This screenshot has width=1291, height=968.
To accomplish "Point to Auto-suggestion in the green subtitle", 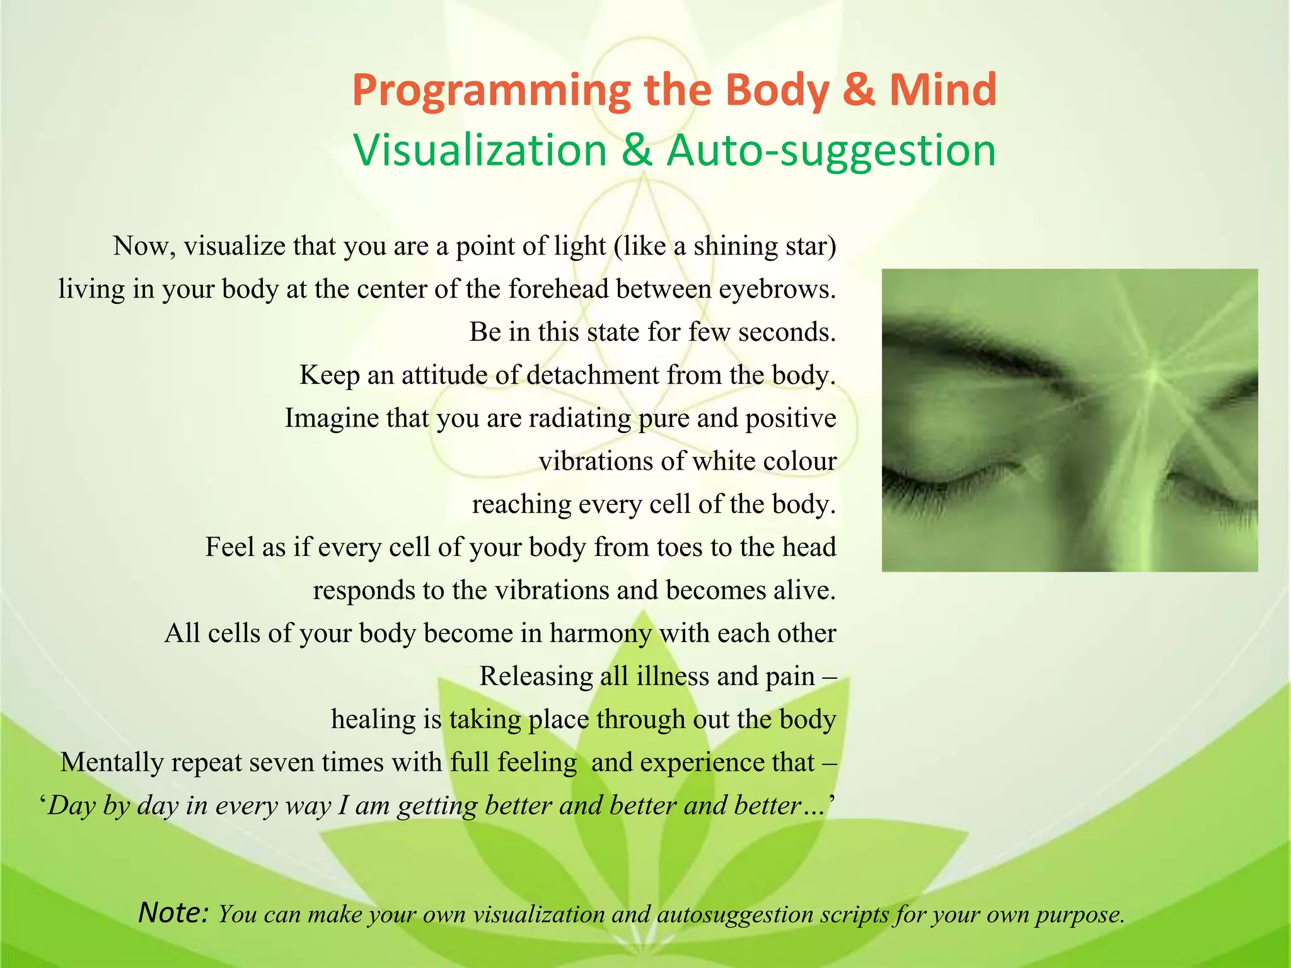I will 831,151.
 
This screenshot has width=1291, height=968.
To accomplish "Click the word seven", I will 281,763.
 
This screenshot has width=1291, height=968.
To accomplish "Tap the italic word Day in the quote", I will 71,806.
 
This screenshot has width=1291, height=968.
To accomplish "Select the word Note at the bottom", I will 172,912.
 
